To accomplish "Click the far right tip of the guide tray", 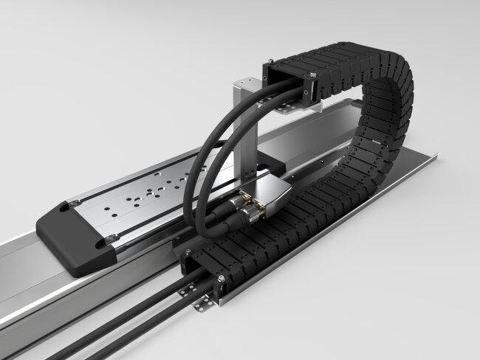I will point(436,156).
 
